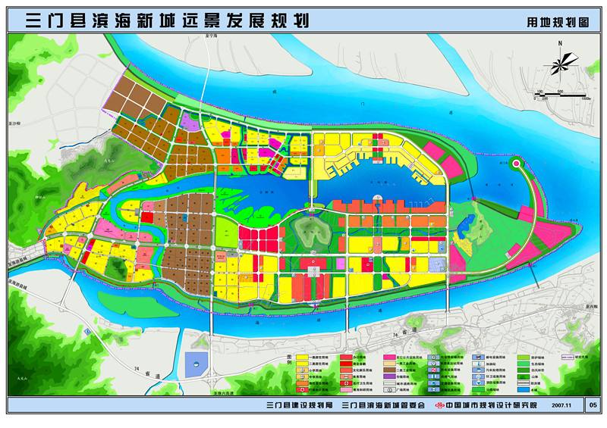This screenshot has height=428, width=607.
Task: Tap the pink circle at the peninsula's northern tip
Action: point(517,162)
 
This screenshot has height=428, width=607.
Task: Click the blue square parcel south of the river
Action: point(197,364)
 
